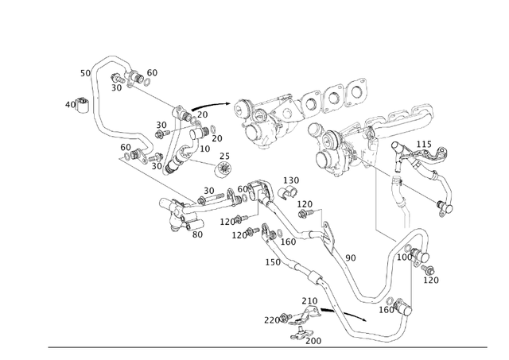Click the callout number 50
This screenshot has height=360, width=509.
click(85, 73)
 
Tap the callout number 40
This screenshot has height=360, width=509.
click(70, 104)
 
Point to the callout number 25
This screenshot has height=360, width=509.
click(225, 156)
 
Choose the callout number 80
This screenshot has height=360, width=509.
click(197, 234)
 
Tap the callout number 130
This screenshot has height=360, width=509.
click(292, 180)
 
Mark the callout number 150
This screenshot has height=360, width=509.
click(273, 262)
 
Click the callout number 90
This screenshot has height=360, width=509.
click(351, 257)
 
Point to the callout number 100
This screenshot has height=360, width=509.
click(404, 257)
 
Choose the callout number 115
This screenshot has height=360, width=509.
click(425, 144)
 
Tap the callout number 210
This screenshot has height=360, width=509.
click(309, 301)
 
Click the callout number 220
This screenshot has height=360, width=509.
click(272, 319)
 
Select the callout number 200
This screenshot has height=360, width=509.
click(313, 340)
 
